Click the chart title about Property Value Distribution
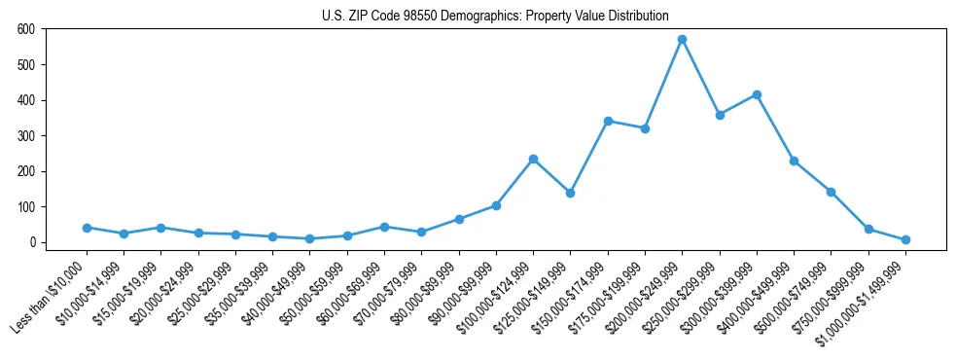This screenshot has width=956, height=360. coord(495,16)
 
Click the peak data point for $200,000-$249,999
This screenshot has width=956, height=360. coord(682,40)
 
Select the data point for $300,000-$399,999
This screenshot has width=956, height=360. coord(757,94)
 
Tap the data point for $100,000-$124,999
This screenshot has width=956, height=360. coord(533,159)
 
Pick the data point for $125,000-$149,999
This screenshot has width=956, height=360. coord(570,193)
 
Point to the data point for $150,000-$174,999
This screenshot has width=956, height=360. coord(608,121)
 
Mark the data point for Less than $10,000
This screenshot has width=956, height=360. coord(87,228)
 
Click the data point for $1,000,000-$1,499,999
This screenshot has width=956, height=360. coord(905,239)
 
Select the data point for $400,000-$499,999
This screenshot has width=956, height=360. coord(794,161)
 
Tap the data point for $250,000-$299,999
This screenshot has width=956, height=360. coord(720,115)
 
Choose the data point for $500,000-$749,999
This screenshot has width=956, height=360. coord(831,192)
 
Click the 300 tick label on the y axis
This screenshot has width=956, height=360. coord(26,136)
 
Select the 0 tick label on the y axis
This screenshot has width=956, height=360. coord(32,242)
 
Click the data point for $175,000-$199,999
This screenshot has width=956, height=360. coord(645,128)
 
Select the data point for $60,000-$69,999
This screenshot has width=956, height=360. coord(384,227)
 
